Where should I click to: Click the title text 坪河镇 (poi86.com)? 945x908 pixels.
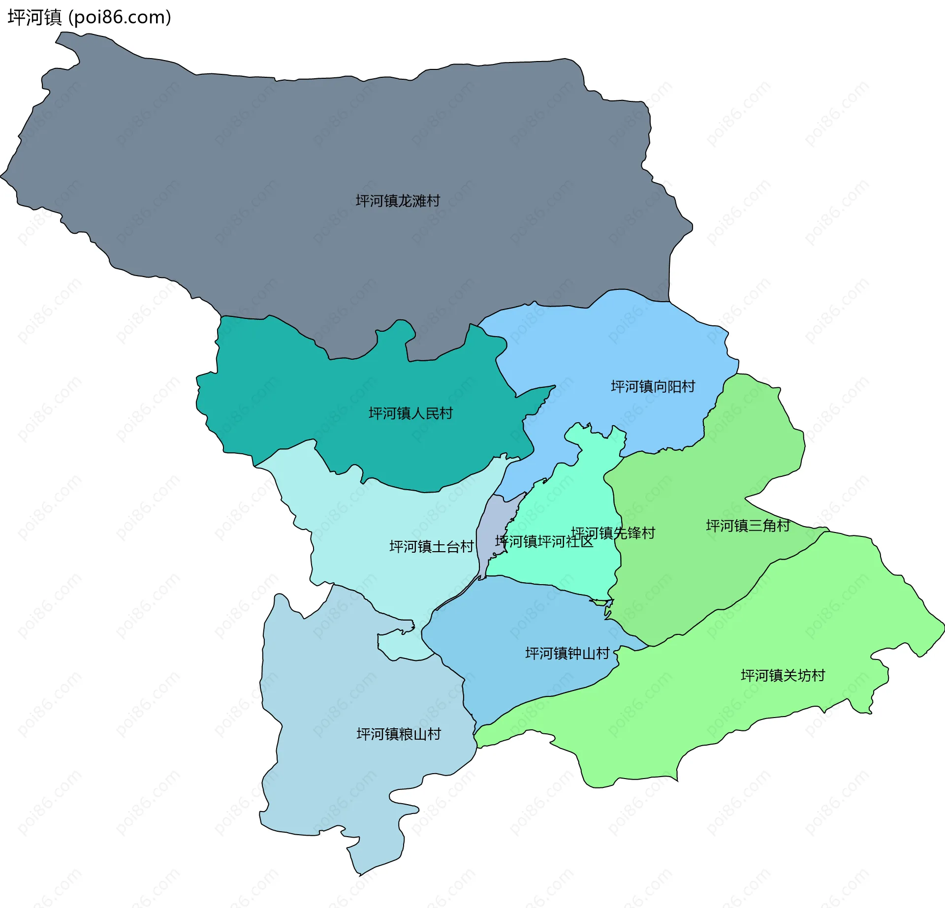pyautogui.click(x=89, y=17)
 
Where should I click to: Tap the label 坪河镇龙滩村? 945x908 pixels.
pyautogui.click(x=398, y=201)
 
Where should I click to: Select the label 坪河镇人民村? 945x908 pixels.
pyautogui.click(x=410, y=413)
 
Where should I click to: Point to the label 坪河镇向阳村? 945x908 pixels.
pyautogui.click(x=653, y=387)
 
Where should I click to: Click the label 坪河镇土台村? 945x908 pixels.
pyautogui.click(x=431, y=547)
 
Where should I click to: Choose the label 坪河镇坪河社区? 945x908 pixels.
pyautogui.click(x=544, y=542)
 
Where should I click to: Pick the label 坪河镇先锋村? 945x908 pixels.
pyautogui.click(x=613, y=533)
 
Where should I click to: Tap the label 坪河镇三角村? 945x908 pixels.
pyautogui.click(x=748, y=526)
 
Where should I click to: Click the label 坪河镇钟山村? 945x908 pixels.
pyautogui.click(x=567, y=654)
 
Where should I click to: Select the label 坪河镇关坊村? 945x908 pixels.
pyautogui.click(x=783, y=676)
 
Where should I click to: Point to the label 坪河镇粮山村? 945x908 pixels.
pyautogui.click(x=399, y=734)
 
